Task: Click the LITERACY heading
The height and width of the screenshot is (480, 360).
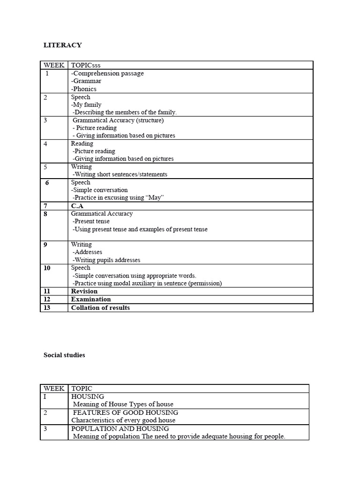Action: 62,45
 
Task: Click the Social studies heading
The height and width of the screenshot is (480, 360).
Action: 64,355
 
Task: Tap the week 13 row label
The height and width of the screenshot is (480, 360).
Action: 47,307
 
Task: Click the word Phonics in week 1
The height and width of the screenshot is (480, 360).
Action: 84,89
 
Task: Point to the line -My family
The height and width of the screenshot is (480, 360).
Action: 86,105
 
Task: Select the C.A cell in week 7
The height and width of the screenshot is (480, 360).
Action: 77,206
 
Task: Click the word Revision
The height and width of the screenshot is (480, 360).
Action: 84,291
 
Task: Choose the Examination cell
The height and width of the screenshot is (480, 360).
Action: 91,299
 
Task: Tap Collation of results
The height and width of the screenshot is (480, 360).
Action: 100,307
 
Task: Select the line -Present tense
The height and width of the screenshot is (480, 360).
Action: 91,221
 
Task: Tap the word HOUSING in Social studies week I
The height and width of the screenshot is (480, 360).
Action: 88,397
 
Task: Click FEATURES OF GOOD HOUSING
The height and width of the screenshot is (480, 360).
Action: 125,412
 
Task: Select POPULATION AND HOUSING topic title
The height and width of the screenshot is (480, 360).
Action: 120,428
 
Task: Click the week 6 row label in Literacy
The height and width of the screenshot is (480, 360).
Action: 47,182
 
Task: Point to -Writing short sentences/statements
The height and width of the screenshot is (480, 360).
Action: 120,174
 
